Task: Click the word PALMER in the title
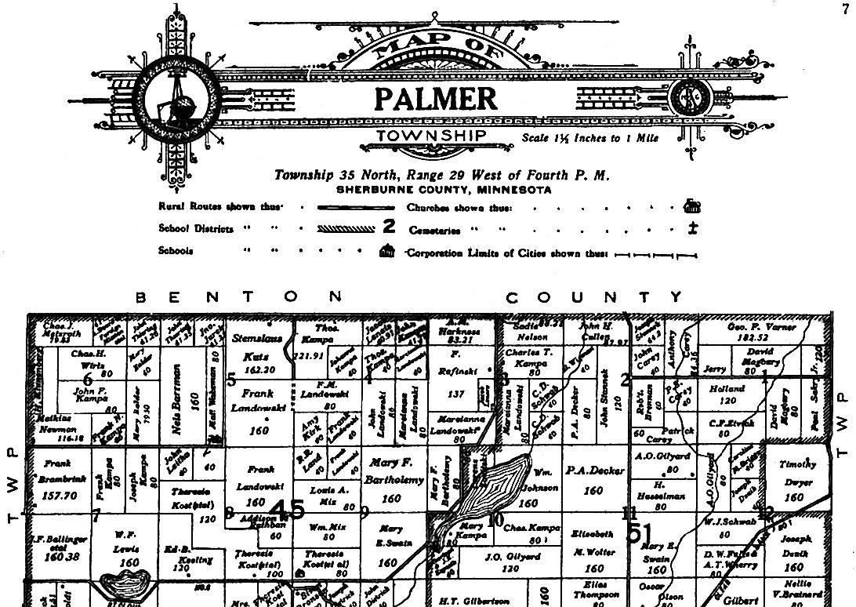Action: coord(435,100)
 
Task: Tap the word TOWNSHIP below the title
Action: coord(432,136)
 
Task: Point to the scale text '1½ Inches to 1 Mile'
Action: coord(590,138)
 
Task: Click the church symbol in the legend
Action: coord(692,206)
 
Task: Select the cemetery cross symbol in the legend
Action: coord(692,229)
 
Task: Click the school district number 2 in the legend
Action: coord(389,228)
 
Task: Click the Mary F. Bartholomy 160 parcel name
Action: coord(390,479)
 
